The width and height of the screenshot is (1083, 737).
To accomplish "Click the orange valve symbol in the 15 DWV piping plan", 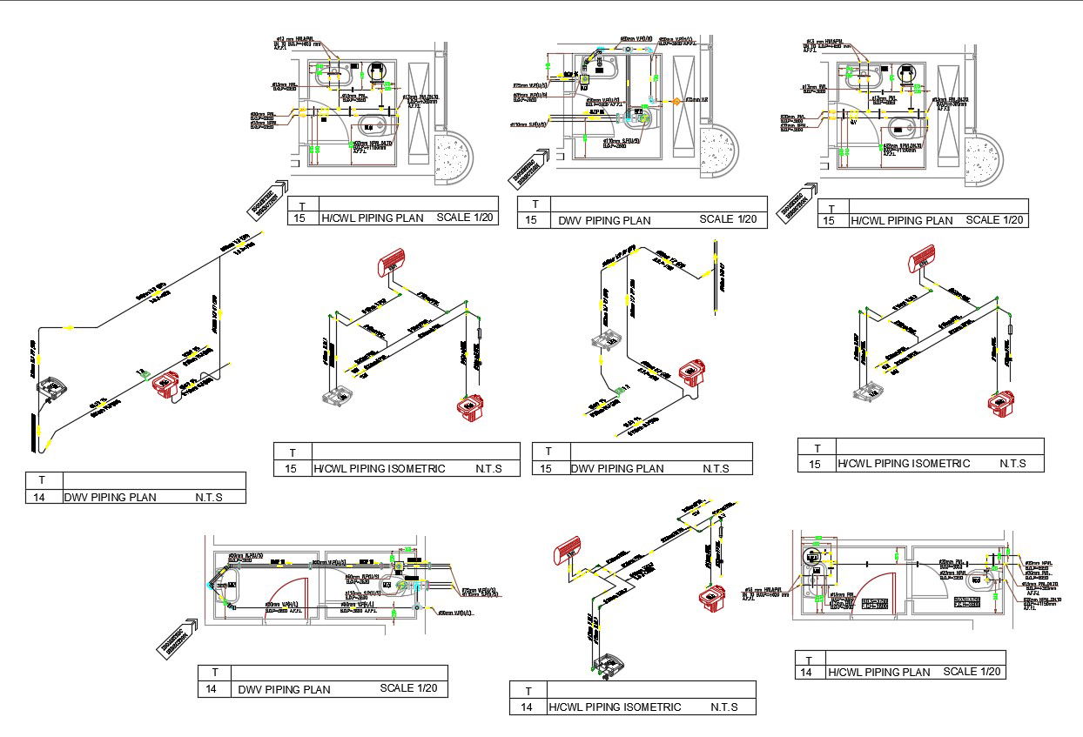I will tap(675, 102).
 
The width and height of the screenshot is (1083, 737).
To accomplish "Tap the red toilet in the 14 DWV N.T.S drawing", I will tap(166, 383).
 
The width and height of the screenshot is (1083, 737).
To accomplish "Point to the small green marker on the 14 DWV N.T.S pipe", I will tap(140, 372).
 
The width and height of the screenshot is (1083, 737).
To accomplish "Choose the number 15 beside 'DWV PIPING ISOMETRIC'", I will tap(547, 468).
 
